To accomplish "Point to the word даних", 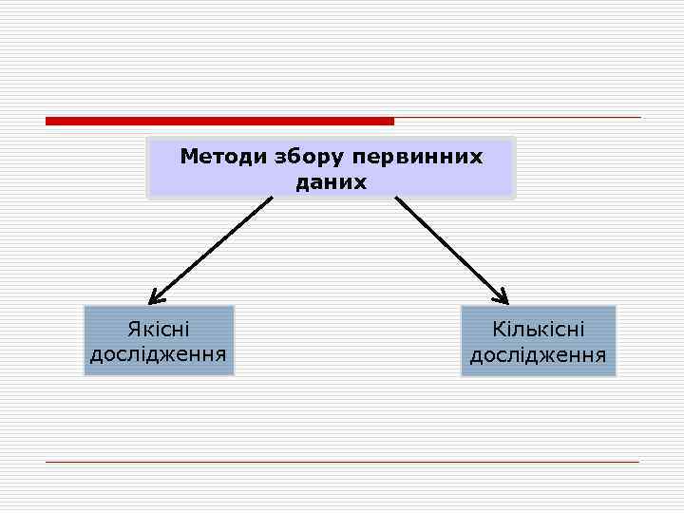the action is coord(331,180).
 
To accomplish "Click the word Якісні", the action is coord(159,330).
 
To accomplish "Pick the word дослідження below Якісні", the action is coord(159,355).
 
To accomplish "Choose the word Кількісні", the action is coord(539,330).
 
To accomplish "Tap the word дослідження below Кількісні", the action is coord(539,355).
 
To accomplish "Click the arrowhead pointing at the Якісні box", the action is coord(156,296).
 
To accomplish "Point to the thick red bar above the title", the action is coord(219,121).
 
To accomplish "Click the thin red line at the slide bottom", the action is coord(342,462).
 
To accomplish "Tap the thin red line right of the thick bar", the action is coord(518,118).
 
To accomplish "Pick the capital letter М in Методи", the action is coord(188,156).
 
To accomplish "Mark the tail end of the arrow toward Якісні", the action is coord(271,199).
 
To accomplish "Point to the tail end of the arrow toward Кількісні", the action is coord(397,199).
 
